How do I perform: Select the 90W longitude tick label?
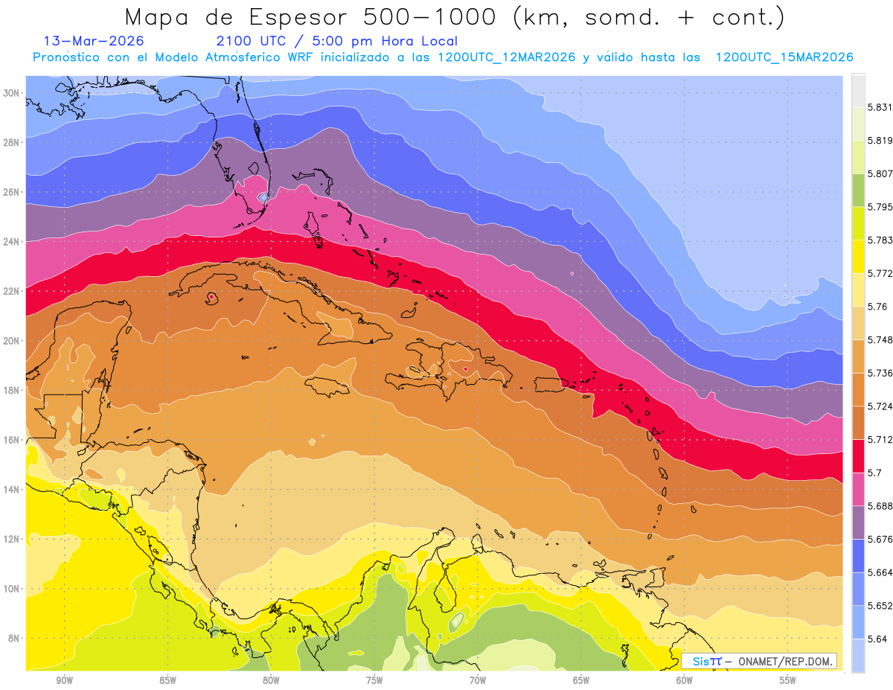click(x=64, y=680)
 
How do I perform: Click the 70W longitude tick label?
click(x=477, y=680)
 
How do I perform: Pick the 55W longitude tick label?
click(x=787, y=680)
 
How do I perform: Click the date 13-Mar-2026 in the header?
click(x=94, y=41)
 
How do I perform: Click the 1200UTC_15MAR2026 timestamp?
click(x=784, y=57)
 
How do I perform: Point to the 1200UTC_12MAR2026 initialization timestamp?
click(x=506, y=57)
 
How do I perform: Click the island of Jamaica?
click(x=327, y=386)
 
